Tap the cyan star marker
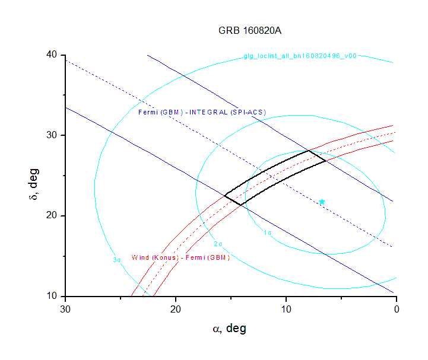point(322,202)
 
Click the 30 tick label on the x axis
point(66,309)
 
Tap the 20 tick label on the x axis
point(176,309)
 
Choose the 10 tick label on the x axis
point(286,309)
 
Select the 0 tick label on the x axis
point(396,309)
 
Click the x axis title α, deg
point(229,329)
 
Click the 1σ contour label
point(268,233)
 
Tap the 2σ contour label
point(218,244)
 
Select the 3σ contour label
point(117,259)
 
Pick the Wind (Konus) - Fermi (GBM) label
point(180,257)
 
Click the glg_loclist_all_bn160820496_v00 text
point(300,56)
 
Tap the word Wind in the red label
point(140,257)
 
